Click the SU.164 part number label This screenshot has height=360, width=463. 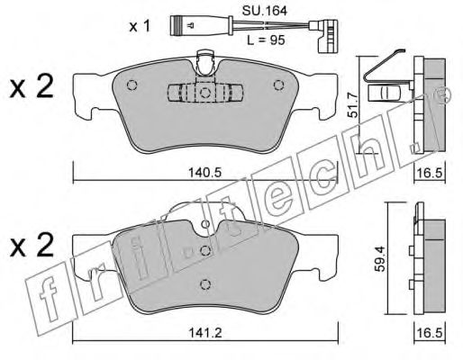[x=265, y=11]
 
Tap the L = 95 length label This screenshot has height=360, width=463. [x=266, y=40]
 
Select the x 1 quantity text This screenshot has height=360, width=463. [x=140, y=27]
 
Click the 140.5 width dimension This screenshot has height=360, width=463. [x=204, y=173]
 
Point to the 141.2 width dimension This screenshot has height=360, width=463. [x=205, y=333]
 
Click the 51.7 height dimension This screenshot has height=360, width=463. [x=353, y=105]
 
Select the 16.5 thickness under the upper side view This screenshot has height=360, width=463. [x=430, y=173]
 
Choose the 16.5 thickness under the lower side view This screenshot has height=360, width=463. [x=430, y=333]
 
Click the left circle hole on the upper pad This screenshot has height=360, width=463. [x=132, y=85]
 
